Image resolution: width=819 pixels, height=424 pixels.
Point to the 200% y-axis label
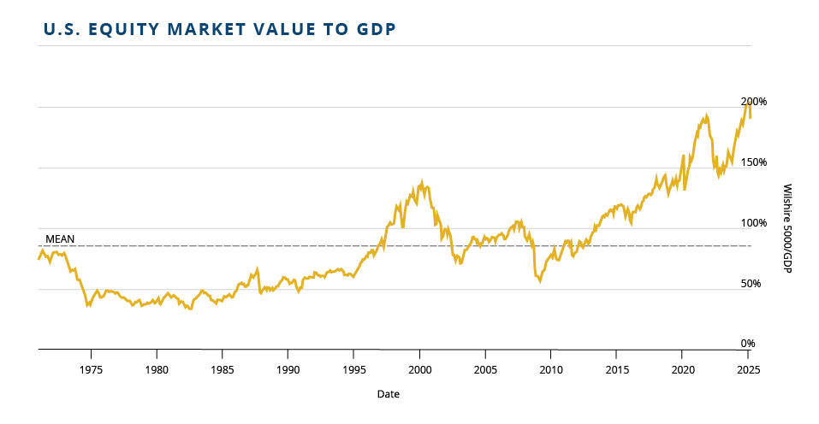(754, 102)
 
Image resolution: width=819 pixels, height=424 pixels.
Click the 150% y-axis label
(754, 162)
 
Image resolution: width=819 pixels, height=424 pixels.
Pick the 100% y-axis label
(754, 223)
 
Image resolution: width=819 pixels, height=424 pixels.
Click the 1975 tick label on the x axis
(92, 370)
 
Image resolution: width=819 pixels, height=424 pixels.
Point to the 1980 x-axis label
(157, 370)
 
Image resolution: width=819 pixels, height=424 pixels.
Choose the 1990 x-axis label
(288, 370)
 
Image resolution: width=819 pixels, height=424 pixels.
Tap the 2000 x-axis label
(419, 370)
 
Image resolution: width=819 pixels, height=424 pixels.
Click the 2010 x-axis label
(550, 370)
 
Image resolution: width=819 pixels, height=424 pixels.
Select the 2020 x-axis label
(682, 370)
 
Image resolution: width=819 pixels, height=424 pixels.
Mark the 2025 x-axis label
(747, 370)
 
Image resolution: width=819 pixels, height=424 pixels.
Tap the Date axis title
(388, 395)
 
